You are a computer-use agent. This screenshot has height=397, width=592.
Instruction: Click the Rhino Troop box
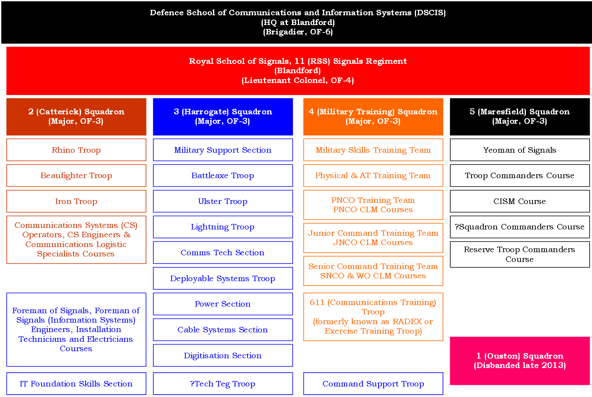pos(76,150)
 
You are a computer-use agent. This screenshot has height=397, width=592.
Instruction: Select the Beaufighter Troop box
pos(76,175)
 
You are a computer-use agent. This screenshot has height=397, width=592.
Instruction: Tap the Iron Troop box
pos(76,201)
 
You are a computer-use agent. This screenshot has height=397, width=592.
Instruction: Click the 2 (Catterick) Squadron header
pos(76,117)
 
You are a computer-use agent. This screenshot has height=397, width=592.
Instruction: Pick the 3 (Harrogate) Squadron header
pos(223,117)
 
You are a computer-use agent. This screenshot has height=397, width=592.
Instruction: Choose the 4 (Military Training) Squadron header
pos(373,117)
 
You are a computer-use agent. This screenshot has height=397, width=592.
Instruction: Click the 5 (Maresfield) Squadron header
pos(520,117)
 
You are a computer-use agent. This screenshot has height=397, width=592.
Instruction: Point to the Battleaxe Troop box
pos(223,175)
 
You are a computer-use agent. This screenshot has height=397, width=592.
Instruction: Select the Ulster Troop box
pos(223,201)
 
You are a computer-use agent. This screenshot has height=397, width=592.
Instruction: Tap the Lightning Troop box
pos(223,227)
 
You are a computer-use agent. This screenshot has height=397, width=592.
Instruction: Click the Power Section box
pos(223,304)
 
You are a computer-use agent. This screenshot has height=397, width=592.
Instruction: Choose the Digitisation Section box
pos(223,355)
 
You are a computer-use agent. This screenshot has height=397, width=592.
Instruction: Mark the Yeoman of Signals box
pos(520,150)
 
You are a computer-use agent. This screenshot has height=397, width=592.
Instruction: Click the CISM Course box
pos(520,201)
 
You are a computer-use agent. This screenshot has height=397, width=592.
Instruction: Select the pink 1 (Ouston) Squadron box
pos(520,361)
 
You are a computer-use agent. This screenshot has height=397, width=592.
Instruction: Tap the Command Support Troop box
pos(373,384)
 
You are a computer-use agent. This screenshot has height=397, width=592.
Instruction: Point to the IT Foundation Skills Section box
pos(76,384)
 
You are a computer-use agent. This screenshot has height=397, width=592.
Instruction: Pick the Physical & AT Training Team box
pos(373,175)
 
